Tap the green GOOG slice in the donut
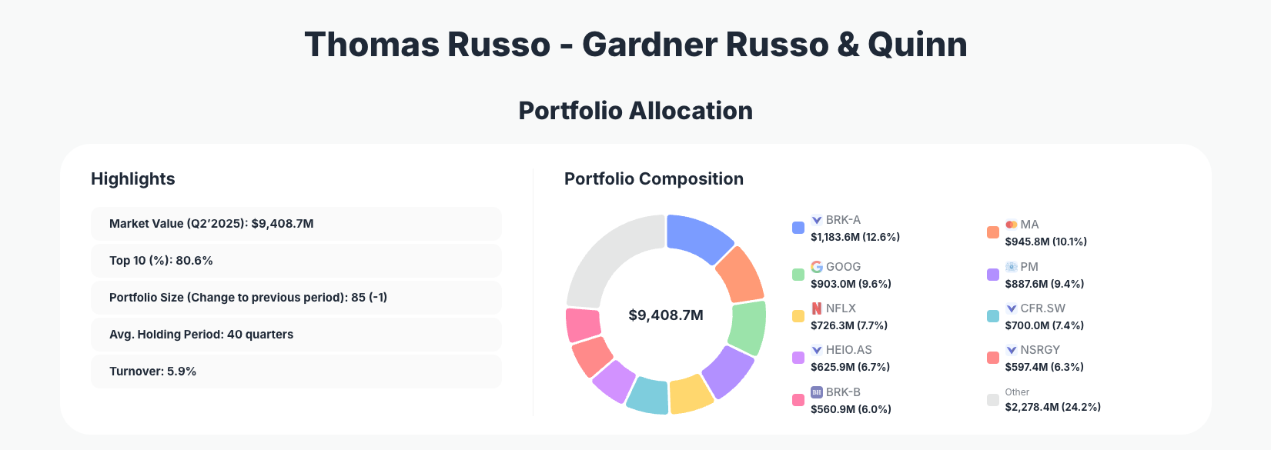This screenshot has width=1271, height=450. tap(747, 327)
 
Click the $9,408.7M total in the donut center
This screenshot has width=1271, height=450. tap(666, 315)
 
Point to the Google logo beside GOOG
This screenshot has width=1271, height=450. tap(817, 267)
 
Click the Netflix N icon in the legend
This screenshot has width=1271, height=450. tap(817, 308)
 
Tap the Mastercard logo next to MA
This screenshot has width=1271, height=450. tap(1011, 225)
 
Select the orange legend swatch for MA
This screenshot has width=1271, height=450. tap(993, 232)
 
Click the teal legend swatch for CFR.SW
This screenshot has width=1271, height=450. tap(993, 316)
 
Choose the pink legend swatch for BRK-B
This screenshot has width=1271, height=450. tap(798, 400)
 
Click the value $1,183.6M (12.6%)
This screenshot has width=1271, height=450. tap(855, 237)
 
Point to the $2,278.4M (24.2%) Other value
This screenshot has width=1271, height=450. tap(1052, 407)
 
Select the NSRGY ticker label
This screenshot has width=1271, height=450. tap(1040, 350)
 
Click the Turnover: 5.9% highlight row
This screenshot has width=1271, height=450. tap(296, 372)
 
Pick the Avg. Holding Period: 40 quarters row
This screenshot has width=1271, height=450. tap(296, 335)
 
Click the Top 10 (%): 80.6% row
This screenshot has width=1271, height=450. tap(296, 261)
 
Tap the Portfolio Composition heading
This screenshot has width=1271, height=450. tap(654, 179)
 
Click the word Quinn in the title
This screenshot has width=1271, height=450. tap(917, 45)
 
